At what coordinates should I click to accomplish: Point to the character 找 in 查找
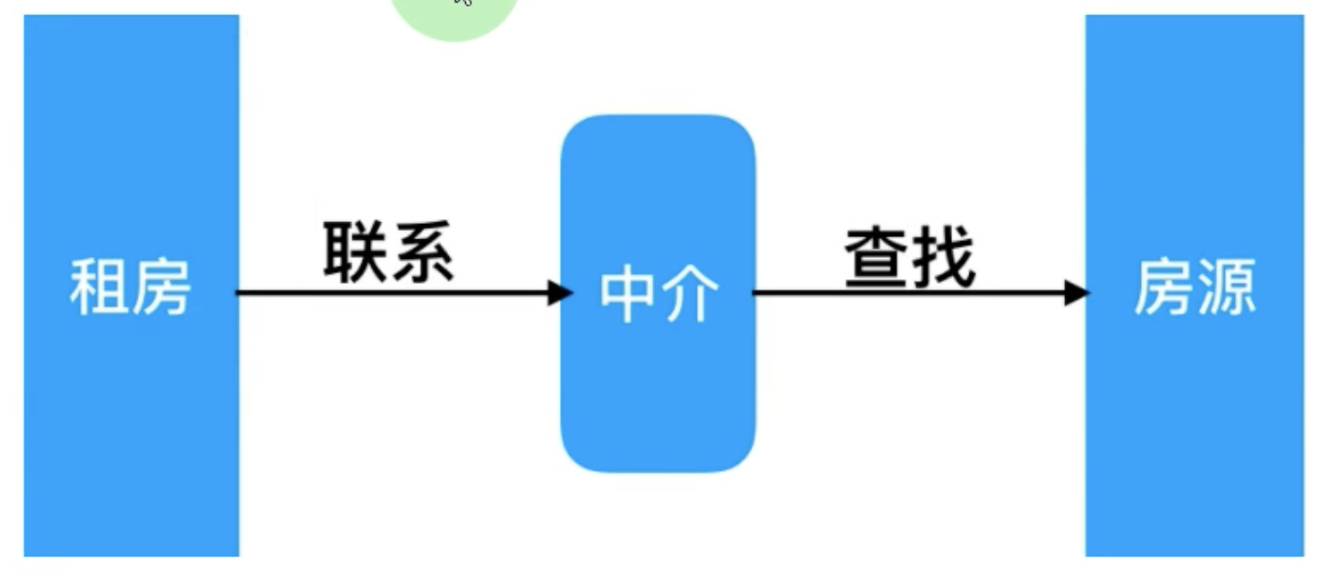[943, 257]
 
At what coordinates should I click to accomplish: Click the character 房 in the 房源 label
[1163, 287]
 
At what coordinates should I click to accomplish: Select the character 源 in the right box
[1227, 287]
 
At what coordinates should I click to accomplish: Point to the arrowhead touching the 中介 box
[560, 292]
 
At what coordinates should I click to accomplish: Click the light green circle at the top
[456, 17]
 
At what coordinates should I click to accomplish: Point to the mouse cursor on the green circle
[463, 3]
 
